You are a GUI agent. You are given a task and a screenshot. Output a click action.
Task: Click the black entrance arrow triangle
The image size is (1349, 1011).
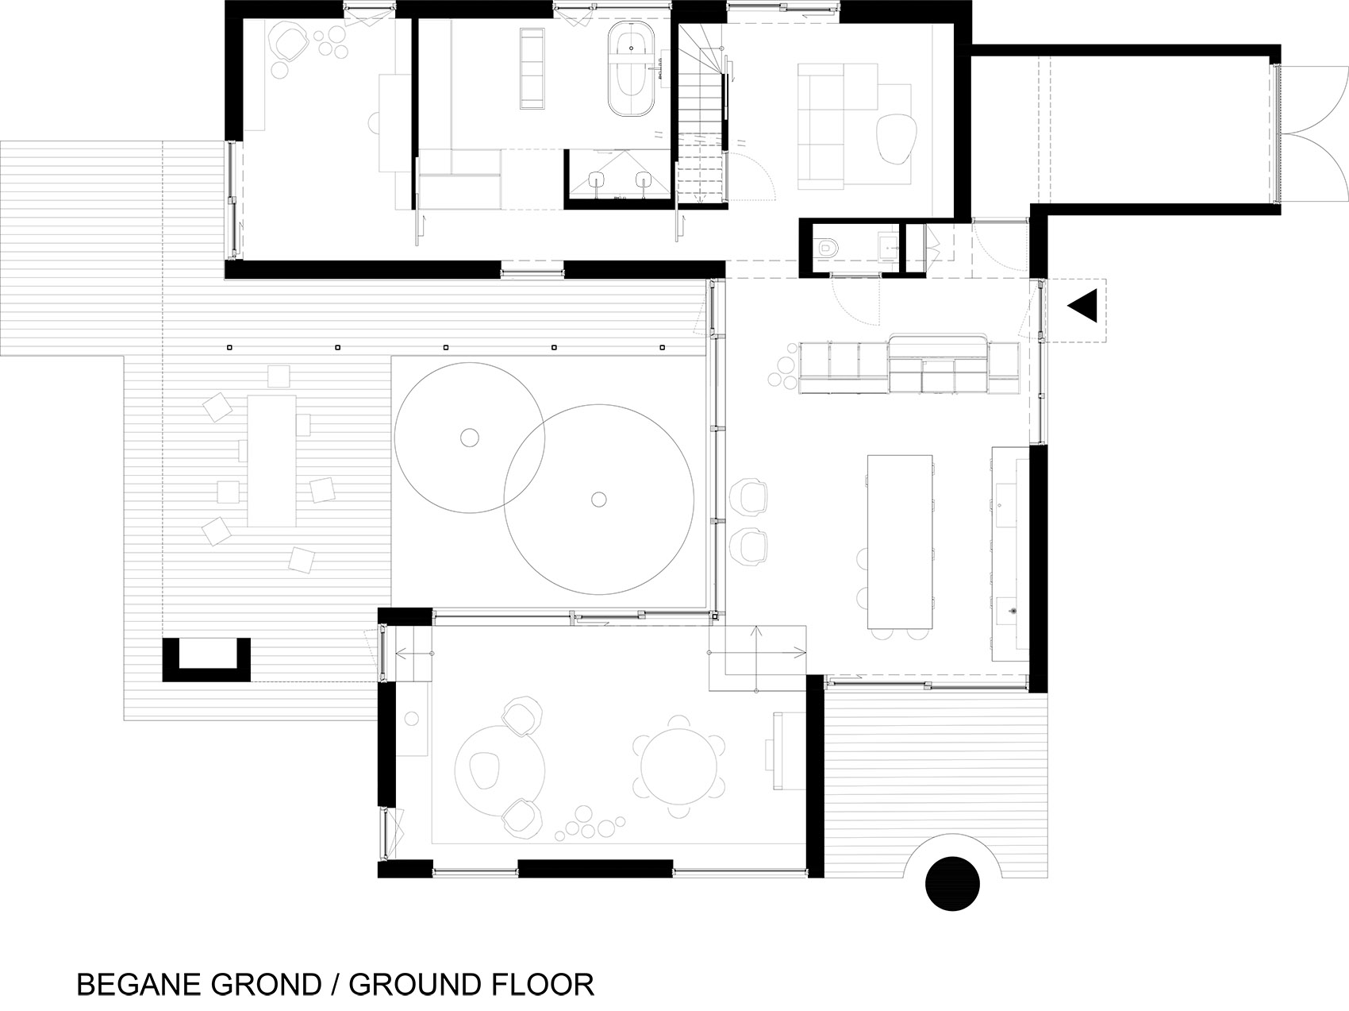tap(1084, 306)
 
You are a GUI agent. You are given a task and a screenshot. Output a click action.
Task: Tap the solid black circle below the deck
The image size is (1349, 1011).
tap(952, 882)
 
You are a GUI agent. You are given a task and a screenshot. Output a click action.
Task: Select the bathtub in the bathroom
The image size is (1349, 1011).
tap(631, 70)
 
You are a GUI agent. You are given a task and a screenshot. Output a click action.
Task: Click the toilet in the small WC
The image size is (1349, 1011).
tap(827, 248)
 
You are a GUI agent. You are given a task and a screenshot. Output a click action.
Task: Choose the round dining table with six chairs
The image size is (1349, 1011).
tap(679, 767)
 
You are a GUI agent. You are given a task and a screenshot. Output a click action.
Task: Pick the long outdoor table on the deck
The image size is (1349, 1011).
tap(271, 461)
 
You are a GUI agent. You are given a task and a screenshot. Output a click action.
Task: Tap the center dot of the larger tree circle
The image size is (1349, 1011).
tap(599, 499)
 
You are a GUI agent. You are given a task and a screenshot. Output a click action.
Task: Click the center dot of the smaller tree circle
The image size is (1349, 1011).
tap(470, 436)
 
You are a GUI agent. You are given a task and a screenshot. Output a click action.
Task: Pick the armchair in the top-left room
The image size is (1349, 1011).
tap(287, 42)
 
